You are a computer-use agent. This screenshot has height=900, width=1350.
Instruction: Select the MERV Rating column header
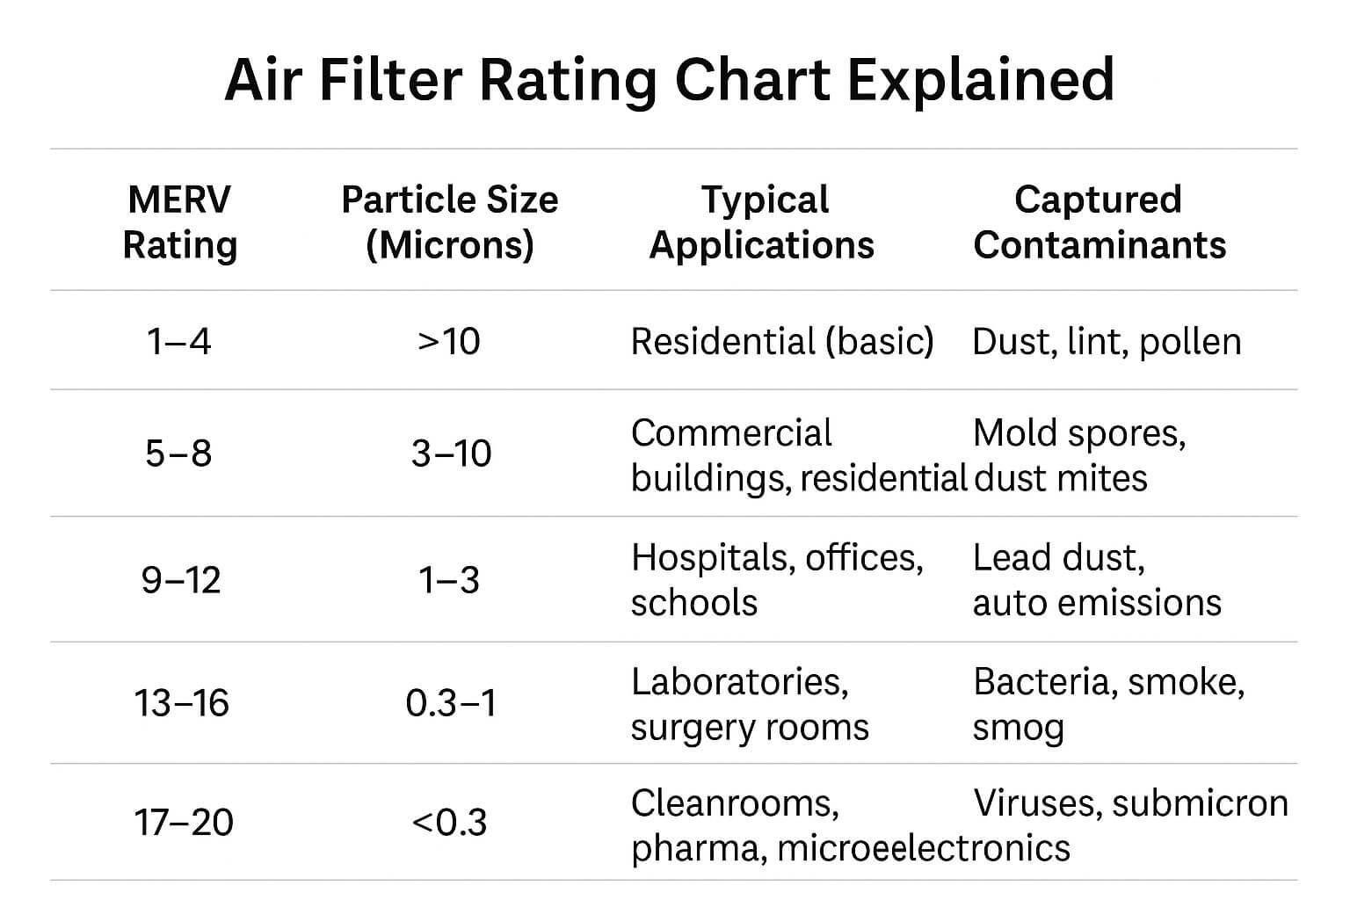pyautogui.click(x=179, y=222)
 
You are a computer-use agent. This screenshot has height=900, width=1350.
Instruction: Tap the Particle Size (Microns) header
pyautogui.click(x=449, y=222)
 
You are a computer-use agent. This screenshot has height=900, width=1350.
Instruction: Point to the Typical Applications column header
pyautogui.click(x=762, y=222)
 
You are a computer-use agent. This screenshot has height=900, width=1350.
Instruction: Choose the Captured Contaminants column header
pyautogui.click(x=1099, y=222)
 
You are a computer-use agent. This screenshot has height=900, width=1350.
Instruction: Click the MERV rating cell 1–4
pyautogui.click(x=179, y=341)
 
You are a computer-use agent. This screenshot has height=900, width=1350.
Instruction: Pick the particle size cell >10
pyautogui.click(x=449, y=341)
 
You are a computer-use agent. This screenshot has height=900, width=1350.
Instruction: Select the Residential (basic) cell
pyautogui.click(x=782, y=341)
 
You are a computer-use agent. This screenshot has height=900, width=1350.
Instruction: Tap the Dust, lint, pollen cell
pyautogui.click(x=1107, y=341)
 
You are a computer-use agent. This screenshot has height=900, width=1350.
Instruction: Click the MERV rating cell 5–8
pyautogui.click(x=179, y=454)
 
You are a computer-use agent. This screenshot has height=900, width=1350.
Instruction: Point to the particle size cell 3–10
pyautogui.click(x=451, y=454)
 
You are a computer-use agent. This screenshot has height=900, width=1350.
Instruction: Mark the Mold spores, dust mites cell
pyautogui.click(x=1078, y=455)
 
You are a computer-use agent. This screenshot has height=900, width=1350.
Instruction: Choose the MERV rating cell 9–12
pyautogui.click(x=181, y=580)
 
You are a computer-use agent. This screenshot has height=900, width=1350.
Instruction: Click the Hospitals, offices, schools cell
pyautogui.click(x=777, y=580)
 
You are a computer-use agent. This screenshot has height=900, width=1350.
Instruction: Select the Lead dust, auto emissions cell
pyautogui.click(x=1096, y=580)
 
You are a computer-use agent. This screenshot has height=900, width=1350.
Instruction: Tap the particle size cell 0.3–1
pyautogui.click(x=451, y=703)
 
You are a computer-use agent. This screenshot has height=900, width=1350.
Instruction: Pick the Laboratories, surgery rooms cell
pyautogui.click(x=749, y=704)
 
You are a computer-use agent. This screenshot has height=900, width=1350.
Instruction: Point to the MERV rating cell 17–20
pyautogui.click(x=184, y=823)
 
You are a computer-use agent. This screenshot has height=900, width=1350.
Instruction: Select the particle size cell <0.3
pyautogui.click(x=449, y=823)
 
